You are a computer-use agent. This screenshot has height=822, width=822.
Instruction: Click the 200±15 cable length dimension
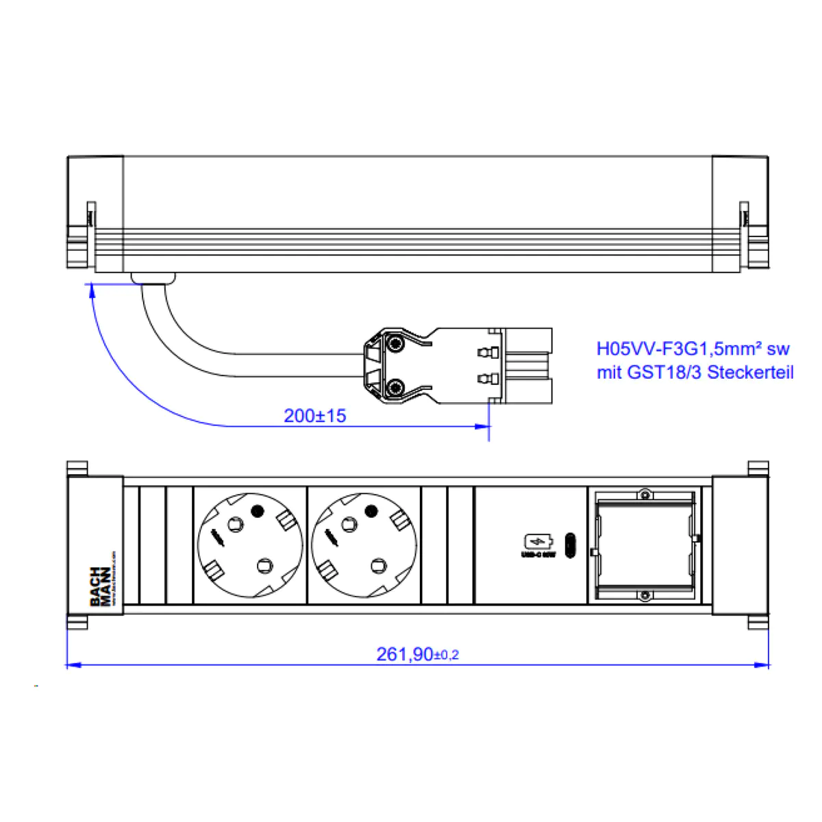[x=314, y=416]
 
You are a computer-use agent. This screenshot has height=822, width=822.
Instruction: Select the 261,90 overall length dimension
[x=416, y=654]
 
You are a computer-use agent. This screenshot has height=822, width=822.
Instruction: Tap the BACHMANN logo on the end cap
[x=101, y=586]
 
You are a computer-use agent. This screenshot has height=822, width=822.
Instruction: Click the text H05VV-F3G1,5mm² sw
[x=693, y=349]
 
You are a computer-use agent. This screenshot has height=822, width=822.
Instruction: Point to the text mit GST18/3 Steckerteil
[x=695, y=373]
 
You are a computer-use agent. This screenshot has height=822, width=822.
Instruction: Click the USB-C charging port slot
[x=570, y=545]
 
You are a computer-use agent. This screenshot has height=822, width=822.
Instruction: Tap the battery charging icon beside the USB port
[x=536, y=542]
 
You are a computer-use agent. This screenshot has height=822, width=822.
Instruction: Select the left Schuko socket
[x=250, y=545]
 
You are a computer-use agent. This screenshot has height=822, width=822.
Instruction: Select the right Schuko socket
[x=364, y=545]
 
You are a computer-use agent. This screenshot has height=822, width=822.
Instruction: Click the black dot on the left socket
[x=258, y=511]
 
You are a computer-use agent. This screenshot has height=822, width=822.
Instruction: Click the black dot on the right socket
[x=371, y=511]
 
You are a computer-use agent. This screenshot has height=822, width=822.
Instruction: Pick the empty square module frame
[x=644, y=545]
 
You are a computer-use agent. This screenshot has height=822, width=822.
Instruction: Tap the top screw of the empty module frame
[x=644, y=495]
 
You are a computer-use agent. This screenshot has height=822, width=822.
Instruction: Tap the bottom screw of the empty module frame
[x=644, y=596]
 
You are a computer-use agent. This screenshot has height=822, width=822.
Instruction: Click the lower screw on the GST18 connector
[x=395, y=388]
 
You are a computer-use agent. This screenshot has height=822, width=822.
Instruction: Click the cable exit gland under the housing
[x=153, y=278]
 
